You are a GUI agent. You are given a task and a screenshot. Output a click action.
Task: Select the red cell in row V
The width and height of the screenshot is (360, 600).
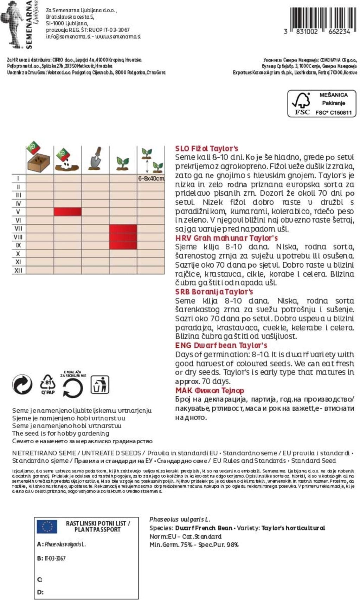coord(67,211)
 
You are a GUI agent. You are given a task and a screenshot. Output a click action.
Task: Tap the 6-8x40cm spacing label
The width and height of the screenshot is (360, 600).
coord(151,178)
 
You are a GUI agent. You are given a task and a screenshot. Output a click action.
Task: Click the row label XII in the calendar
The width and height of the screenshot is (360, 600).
coord(18,270)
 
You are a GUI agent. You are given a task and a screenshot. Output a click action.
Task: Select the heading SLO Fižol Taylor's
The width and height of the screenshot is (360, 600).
coord(207,149)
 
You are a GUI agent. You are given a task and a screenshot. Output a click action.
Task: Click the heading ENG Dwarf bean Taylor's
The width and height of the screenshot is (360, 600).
coord(221,345)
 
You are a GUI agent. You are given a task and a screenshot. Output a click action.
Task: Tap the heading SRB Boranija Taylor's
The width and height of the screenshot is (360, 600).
coord(214,292)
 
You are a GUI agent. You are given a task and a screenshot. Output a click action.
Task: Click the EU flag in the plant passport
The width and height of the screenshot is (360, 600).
coord(47,527)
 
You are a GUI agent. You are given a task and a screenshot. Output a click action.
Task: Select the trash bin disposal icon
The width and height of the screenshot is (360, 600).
coord(100,385)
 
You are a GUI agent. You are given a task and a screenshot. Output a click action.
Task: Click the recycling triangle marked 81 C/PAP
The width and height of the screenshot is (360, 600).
coord(48,384)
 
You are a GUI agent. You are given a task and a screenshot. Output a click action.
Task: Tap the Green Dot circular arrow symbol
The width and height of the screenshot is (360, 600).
coord(22,384)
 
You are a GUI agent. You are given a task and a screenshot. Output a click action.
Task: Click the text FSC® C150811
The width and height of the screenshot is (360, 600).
coord(333,113)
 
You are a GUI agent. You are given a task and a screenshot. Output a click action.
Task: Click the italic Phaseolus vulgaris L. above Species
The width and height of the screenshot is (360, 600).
coord(180,519)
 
